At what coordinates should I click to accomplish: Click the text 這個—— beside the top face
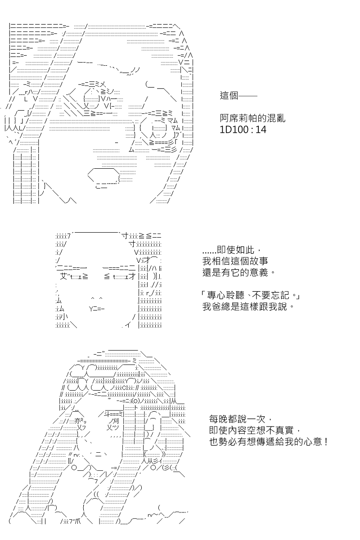(238, 95)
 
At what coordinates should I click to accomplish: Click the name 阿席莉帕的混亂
(252, 118)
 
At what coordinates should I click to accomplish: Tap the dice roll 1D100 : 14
(243, 130)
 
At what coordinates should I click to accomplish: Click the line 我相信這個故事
(235, 261)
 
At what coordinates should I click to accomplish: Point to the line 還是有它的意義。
(238, 272)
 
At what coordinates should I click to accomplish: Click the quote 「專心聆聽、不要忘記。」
(250, 295)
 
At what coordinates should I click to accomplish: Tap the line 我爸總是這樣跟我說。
(248, 306)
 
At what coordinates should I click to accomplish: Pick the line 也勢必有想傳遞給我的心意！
(268, 441)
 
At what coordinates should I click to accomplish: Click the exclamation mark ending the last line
(326, 441)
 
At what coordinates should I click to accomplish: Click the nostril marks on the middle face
(97, 299)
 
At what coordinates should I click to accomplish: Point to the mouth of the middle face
(96, 309)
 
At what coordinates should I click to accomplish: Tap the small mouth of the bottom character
(99, 454)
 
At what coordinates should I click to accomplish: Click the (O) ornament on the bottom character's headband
(135, 400)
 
